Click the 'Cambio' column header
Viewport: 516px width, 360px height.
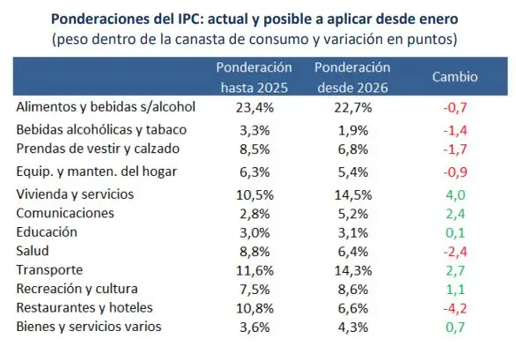pos(454,77)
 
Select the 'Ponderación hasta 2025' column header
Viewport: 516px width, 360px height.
pos(254,77)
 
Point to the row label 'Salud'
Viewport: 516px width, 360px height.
pos(34,251)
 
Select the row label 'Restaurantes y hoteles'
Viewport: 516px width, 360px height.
pos(85,308)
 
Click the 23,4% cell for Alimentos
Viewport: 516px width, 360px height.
pos(255,108)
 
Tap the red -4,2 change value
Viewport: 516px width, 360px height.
pos(454,308)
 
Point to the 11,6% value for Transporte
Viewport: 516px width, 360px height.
pos(255,270)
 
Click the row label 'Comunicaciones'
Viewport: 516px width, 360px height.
pos(66,213)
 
